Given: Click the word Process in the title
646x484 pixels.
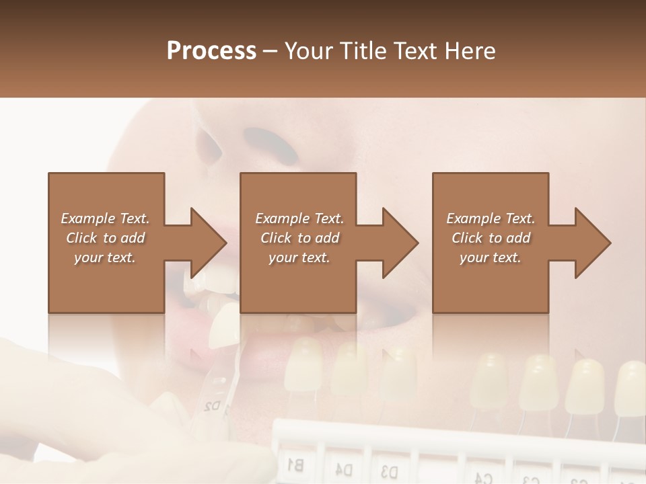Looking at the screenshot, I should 211,51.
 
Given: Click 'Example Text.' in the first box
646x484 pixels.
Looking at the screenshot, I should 105,218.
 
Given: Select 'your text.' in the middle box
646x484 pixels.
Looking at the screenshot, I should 299,257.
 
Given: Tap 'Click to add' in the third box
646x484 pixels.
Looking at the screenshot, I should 491,238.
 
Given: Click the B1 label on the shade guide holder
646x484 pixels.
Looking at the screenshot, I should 295,463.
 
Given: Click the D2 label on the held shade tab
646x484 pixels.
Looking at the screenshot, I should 213,405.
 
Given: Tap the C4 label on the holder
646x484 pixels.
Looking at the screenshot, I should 482,478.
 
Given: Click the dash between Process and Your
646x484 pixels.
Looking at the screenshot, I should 271,51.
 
